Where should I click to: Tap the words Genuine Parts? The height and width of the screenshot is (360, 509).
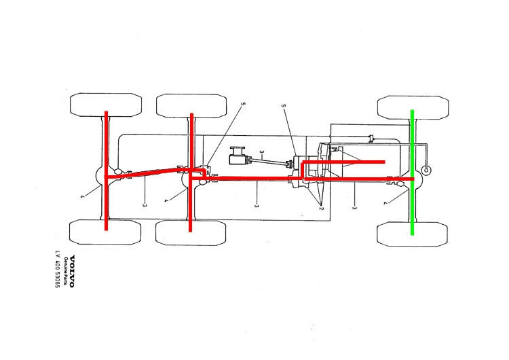point(66,271)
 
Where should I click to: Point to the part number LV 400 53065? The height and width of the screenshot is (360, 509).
point(58,270)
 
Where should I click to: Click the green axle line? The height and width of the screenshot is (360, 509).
point(412,173)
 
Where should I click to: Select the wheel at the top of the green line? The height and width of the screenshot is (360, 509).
point(413,107)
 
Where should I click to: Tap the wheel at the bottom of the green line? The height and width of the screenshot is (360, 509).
point(412,234)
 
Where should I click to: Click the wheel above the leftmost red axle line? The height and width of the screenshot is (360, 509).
point(106,105)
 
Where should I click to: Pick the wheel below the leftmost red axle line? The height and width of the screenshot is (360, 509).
point(105,232)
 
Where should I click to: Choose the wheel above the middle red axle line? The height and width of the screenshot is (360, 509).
point(191,106)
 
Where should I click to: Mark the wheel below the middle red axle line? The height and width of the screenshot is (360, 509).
point(191,233)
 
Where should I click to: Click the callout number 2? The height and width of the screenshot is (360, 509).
point(321,208)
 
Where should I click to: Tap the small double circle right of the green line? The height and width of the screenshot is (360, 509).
point(426,170)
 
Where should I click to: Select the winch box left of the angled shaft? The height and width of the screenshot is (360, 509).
point(238,156)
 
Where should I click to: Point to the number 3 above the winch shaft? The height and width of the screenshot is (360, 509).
point(261,151)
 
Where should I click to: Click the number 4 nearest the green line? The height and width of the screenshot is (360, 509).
point(385,203)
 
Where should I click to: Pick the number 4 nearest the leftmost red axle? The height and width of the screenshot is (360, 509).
point(82,196)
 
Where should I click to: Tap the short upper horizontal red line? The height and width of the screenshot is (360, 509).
point(343,162)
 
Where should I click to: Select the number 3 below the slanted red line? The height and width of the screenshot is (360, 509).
point(145,205)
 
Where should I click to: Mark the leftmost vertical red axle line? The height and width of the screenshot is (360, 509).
point(106,171)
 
